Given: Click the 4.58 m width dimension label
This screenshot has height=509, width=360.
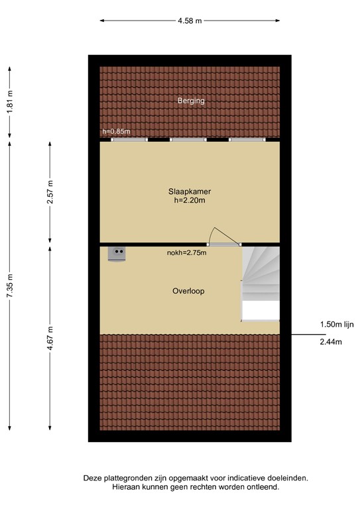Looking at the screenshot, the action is click(x=190, y=21).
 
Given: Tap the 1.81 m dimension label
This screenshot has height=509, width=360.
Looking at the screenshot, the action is click(x=10, y=102).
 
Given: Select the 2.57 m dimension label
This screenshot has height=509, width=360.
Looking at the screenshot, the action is click(x=50, y=192).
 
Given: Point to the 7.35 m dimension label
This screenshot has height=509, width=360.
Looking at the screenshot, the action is click(x=10, y=286).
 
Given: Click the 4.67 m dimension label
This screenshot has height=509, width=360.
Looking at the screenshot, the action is click(x=50, y=338).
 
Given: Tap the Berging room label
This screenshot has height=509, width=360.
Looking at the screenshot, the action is click(x=191, y=101).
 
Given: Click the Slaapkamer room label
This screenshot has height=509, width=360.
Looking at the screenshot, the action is click(x=190, y=192).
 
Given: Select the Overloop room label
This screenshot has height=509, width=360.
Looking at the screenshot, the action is click(x=188, y=291).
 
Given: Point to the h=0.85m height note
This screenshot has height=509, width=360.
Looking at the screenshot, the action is click(x=116, y=131).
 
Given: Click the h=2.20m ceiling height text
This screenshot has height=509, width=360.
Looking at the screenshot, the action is click(x=190, y=200).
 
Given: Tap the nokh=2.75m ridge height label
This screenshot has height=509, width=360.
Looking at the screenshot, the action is click(x=187, y=253).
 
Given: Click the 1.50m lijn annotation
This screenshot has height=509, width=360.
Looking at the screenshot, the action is click(x=337, y=324).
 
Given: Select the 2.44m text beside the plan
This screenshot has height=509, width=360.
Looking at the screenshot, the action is click(x=331, y=342).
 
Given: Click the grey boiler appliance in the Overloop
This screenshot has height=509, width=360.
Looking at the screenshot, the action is click(x=117, y=254).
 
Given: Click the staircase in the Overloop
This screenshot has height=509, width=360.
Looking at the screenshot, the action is click(x=261, y=284).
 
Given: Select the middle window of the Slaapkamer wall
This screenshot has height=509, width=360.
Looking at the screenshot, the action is click(x=188, y=140).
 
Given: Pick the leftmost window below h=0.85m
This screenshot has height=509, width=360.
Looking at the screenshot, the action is click(x=129, y=140).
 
